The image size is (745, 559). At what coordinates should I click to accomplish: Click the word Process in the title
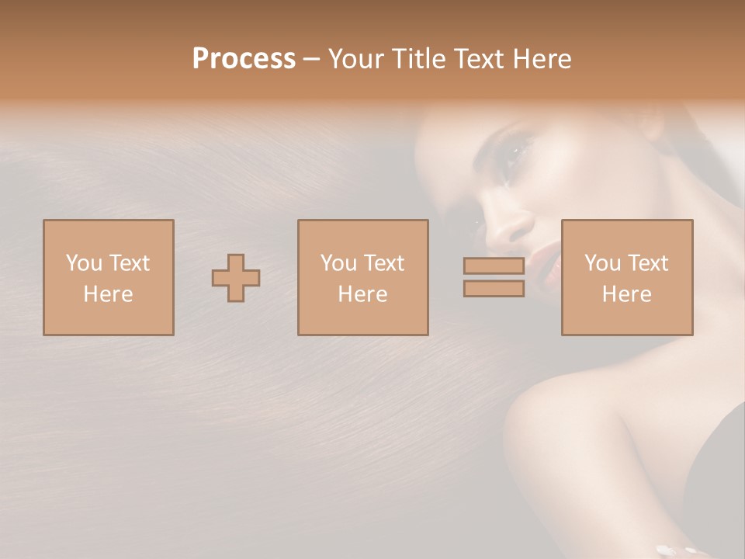244,59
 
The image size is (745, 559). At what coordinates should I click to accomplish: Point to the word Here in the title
541,59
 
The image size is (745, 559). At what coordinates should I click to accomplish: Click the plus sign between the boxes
236,278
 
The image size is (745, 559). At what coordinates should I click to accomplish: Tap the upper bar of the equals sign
494,266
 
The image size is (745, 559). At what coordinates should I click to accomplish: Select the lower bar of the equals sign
494,289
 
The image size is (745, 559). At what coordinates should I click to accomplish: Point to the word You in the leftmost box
83,263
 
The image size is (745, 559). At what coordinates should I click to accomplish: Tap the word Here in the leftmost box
108,294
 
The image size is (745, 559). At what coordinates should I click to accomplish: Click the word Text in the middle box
383,263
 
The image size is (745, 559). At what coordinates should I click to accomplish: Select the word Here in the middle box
362,294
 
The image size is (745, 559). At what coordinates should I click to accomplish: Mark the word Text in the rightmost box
647,263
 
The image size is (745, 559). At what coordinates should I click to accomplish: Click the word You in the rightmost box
602,263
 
